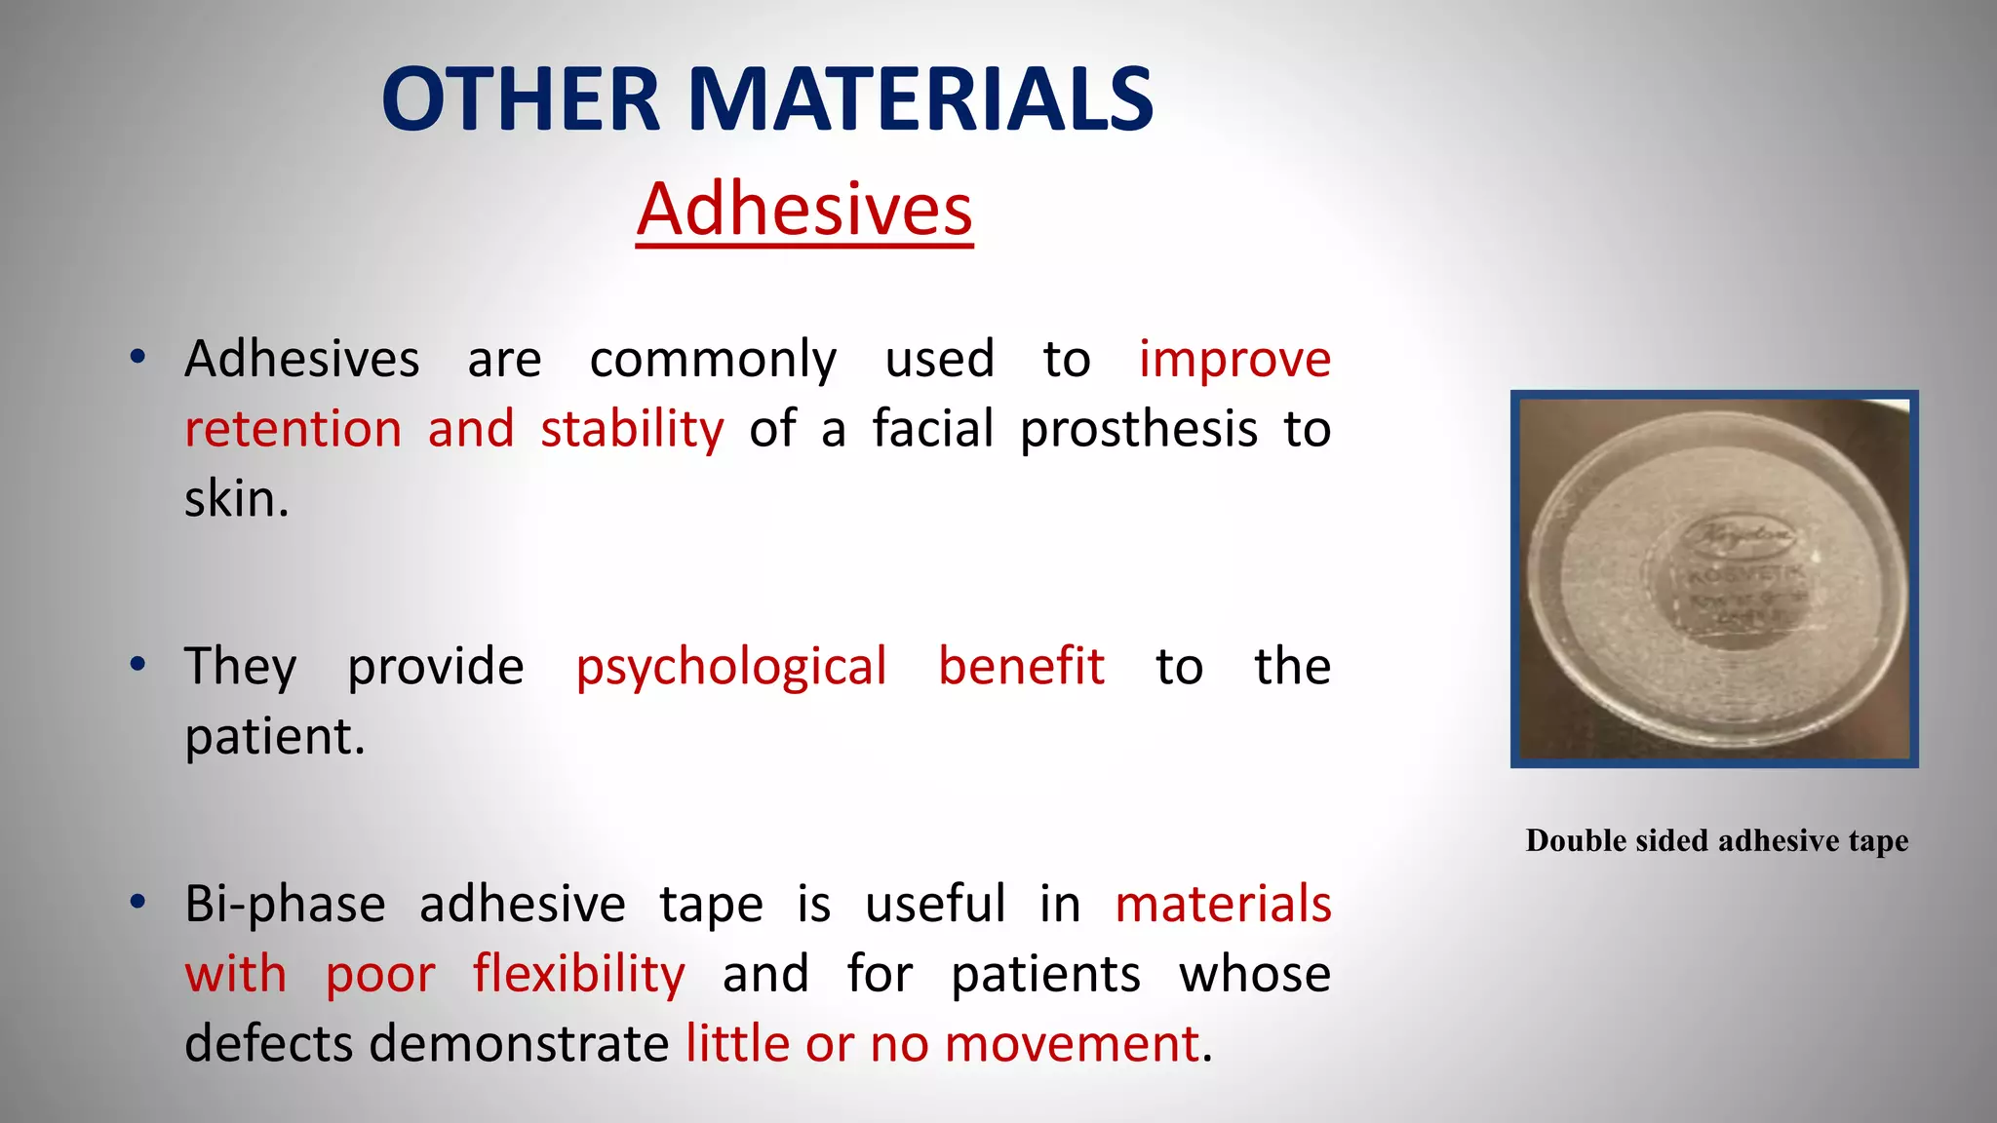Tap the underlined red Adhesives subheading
pos(804,210)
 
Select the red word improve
pos(1234,360)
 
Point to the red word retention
pos(294,429)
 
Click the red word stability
pos(632,429)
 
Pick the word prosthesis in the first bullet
pos(1139,429)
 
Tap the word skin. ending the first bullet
pos(237,499)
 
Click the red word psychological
pos(730,667)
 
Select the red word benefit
pos(1021,667)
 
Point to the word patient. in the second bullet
pos(275,736)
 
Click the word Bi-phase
pos(285,904)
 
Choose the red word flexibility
pos(579,974)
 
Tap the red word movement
pos(1071,1044)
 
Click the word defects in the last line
pos(270,1044)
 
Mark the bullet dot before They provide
pos(138,665)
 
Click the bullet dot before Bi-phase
pos(138,902)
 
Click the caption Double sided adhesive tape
pos(1716,840)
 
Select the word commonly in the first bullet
pos(713,360)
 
